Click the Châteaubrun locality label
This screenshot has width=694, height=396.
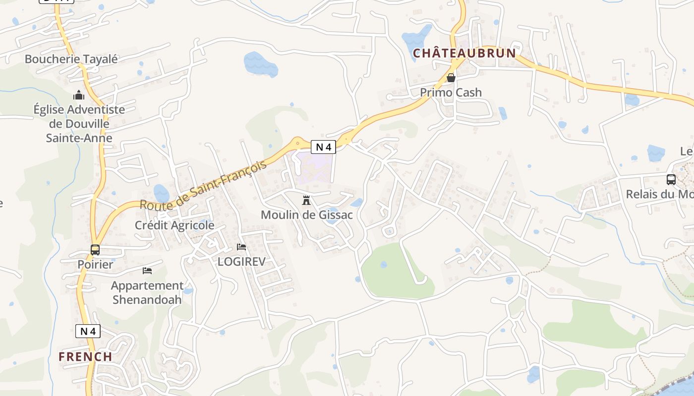pyautogui.click(x=464, y=53)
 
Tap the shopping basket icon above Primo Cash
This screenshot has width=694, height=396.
pyautogui.click(x=451, y=78)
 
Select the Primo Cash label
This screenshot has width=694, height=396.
pyautogui.click(x=451, y=93)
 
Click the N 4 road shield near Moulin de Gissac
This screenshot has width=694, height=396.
pyautogui.click(x=324, y=147)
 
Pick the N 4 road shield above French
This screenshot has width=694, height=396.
pyautogui.click(x=88, y=331)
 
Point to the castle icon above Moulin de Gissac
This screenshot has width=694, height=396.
pyautogui.click(x=306, y=200)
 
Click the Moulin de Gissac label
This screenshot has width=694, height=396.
pyautogui.click(x=306, y=215)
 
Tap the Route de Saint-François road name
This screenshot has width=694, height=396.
pyautogui.click(x=203, y=185)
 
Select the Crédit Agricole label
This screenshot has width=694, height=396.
pyautogui.click(x=174, y=225)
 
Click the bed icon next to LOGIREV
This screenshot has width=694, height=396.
pyautogui.click(x=241, y=247)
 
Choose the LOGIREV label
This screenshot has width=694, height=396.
pyautogui.click(x=241, y=261)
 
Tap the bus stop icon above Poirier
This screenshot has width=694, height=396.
pyautogui.click(x=95, y=249)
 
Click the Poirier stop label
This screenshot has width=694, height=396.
pyautogui.click(x=95, y=264)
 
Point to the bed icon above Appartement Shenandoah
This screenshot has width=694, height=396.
pyautogui.click(x=147, y=270)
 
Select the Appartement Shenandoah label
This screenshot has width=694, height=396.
pyautogui.click(x=147, y=293)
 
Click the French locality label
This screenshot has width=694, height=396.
pyautogui.click(x=85, y=356)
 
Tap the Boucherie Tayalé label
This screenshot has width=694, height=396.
pyautogui.click(x=71, y=59)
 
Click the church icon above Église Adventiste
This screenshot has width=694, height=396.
pyautogui.click(x=79, y=95)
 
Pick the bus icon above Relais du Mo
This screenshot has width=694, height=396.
pyautogui.click(x=671, y=179)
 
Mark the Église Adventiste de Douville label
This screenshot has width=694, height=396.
pyautogui.click(x=79, y=124)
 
